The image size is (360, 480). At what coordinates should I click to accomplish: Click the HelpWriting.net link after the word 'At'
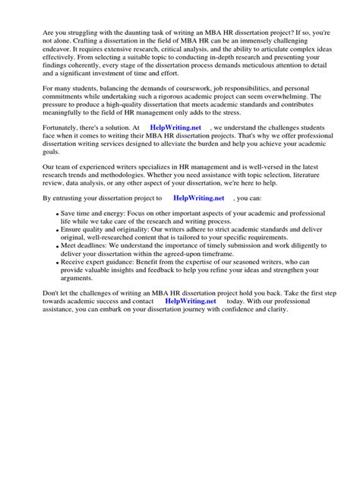176,129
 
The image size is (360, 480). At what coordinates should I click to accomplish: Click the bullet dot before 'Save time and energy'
57,216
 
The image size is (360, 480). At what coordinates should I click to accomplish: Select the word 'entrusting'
74,197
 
